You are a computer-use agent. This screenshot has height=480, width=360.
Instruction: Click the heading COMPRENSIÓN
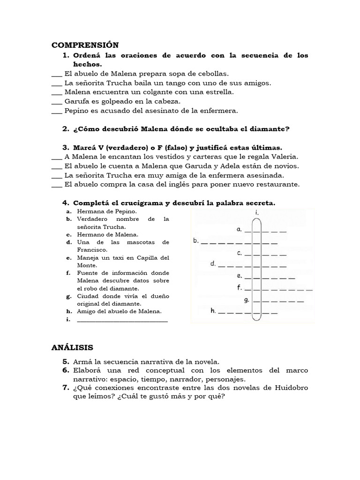click(x=85, y=45)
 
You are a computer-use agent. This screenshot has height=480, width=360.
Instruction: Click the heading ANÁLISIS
click(x=72, y=347)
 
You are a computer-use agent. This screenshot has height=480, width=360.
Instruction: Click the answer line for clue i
click(x=122, y=321)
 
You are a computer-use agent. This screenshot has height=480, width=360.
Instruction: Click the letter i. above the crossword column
click(x=256, y=213)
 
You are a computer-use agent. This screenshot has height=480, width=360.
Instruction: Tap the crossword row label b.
click(x=196, y=241)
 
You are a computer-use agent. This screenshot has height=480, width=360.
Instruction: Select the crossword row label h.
click(x=213, y=310)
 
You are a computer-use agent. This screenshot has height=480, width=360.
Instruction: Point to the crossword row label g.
click(x=246, y=300)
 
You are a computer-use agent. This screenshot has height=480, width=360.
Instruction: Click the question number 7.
click(x=66, y=388)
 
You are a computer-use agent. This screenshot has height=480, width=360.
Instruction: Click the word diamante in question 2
click(x=270, y=129)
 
